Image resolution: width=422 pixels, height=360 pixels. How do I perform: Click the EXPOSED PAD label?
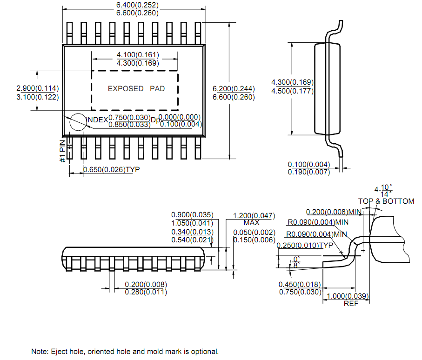coord(136,88)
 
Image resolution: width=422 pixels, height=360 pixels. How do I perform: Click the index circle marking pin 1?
coord(78,122)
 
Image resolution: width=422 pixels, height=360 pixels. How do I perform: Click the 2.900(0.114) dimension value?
coord(38,88)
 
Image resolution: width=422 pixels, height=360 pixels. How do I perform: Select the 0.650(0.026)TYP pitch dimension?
coord(111,170)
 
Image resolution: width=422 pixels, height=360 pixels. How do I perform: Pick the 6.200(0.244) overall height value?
coord(234,88)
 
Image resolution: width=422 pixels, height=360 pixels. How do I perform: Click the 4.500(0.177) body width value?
coord(292,91)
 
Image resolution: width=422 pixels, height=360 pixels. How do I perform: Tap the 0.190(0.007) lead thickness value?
coord(308,172)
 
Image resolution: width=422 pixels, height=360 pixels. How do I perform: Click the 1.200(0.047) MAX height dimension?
coord(254,216)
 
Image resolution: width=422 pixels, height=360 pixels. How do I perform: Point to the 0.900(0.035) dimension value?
coord(192,215)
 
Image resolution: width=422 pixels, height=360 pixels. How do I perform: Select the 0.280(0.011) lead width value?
coord(146,292)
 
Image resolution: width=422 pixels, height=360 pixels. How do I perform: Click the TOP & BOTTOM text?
coord(386,201)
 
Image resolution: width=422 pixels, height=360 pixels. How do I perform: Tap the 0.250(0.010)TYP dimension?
coord(305,245)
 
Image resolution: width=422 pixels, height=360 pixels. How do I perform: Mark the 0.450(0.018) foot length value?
coord(300,284)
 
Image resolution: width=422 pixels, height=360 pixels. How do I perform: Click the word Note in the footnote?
coord(39,351)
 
